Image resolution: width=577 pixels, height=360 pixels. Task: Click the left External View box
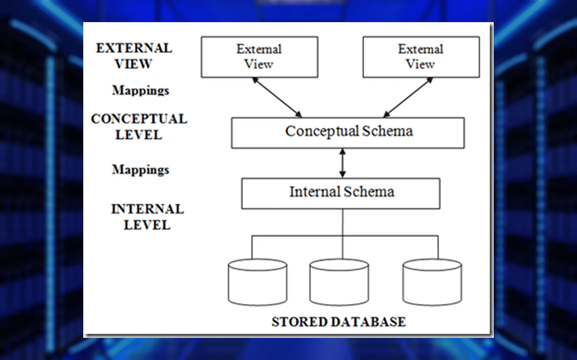pos(259,57)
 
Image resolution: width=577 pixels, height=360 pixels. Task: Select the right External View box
pos(421,57)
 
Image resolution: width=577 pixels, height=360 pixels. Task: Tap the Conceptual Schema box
pos(348,132)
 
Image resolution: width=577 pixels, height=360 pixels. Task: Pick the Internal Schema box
pos(341,193)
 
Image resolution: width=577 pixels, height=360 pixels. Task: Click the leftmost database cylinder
pos(257,282)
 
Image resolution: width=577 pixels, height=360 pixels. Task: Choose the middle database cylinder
pos(339,282)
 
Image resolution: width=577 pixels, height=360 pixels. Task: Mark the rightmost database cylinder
pos(432,282)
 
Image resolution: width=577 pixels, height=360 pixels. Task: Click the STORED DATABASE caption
pos(339,322)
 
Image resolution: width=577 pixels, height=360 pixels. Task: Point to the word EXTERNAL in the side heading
pos(134,48)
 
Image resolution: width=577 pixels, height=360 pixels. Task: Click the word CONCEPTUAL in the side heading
pos(139,119)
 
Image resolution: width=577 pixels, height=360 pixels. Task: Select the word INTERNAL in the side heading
pos(147,209)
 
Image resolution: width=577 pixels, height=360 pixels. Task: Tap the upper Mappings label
pos(140,90)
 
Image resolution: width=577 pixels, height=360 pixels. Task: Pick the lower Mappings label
pos(140,170)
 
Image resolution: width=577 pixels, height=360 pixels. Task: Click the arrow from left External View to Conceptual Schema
pos(277,97)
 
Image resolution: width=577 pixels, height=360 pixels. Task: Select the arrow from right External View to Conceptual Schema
pos(408,97)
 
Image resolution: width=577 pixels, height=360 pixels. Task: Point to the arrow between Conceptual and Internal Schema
pos(342,163)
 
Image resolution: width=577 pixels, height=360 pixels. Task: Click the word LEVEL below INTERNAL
pos(147,225)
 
